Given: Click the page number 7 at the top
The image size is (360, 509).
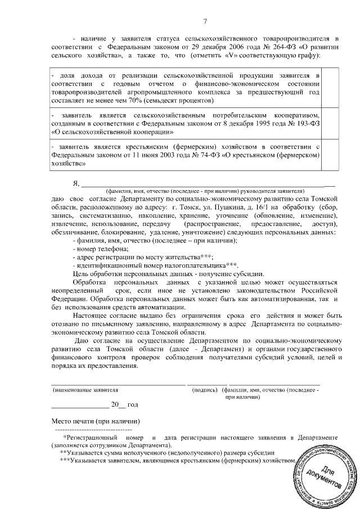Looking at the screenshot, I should [x=205, y=21].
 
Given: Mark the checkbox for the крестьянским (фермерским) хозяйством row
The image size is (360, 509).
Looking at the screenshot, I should [x=330, y=154].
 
